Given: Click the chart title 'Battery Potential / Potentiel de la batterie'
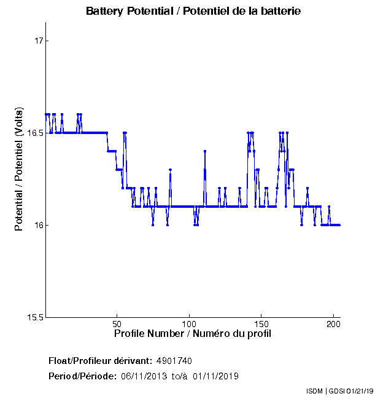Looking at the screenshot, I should tap(193, 11).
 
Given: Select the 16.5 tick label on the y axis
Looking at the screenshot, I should tap(37, 133).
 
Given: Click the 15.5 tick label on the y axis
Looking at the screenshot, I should tap(37, 317).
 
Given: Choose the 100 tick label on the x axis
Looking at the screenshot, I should tap(189, 323).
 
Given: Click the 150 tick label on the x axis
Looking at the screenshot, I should tap(261, 323).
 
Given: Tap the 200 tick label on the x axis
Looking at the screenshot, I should tap(333, 323).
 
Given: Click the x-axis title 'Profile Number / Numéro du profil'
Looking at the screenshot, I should tap(193, 334).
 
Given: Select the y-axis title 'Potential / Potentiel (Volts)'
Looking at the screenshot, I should tap(20, 170).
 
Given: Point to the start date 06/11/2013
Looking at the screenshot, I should tap(142, 376).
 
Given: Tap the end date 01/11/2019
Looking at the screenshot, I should tap(215, 376).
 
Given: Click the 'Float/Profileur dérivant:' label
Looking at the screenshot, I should tap(101, 360).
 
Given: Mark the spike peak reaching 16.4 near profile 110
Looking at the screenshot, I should tap(205, 151).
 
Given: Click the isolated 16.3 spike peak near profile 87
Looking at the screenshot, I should tap(170, 170).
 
